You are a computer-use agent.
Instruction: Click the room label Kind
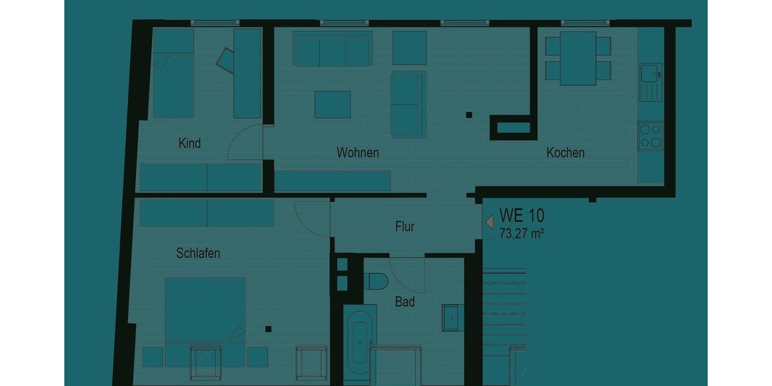(189, 143)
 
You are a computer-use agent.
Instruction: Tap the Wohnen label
(358, 153)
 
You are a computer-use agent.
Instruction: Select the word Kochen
(565, 153)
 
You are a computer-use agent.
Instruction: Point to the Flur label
(405, 226)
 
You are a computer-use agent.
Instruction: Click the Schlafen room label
(198, 253)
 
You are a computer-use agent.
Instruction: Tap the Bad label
(405, 301)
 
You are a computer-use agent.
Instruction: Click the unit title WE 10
(522, 215)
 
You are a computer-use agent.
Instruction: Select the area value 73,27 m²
(522, 234)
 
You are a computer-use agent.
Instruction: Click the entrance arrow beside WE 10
(489, 221)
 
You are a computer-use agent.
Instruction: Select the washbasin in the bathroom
(453, 317)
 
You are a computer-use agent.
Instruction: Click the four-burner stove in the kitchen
(650, 136)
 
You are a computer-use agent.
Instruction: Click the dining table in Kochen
(578, 58)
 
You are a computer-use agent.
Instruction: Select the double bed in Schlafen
(205, 310)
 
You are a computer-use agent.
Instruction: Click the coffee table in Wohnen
(333, 104)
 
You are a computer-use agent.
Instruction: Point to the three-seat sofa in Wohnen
(332, 48)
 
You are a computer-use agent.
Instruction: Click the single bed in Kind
(173, 74)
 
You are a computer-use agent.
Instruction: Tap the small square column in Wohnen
(469, 116)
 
